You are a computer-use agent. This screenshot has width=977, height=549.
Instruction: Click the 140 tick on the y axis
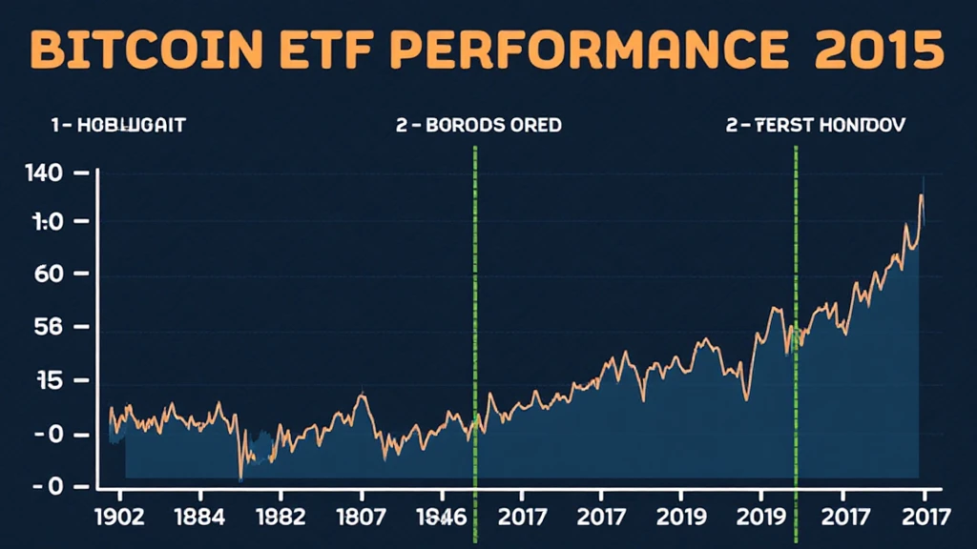click(x=46, y=173)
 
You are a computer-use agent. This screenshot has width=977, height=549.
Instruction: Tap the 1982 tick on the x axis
click(x=281, y=518)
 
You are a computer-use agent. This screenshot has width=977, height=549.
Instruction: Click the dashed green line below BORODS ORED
click(x=475, y=315)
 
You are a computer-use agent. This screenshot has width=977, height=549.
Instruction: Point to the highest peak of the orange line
click(x=921, y=195)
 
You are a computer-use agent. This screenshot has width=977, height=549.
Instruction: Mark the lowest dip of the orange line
click(x=240, y=476)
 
